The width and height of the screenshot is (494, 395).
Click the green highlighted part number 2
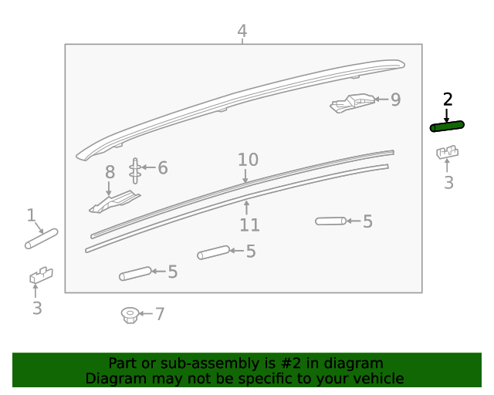447,127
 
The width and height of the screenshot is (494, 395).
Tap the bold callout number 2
448,100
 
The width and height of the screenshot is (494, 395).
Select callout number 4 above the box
242,31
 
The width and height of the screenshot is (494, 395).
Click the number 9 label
396,100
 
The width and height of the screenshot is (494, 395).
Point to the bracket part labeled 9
352,103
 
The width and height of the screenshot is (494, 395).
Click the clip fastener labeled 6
135,170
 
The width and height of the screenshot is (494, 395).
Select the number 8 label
110,172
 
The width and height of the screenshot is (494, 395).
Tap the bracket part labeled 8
114,201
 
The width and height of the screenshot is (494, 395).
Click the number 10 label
249,160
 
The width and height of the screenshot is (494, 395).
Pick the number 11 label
250,225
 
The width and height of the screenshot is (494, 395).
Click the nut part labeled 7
130,316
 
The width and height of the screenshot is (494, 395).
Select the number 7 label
160,314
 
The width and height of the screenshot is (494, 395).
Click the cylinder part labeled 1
41,238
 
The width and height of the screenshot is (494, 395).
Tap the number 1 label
31,215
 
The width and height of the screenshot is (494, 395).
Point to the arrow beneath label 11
247,208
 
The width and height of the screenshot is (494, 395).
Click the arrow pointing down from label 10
245,176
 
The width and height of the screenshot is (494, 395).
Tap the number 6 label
163,167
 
